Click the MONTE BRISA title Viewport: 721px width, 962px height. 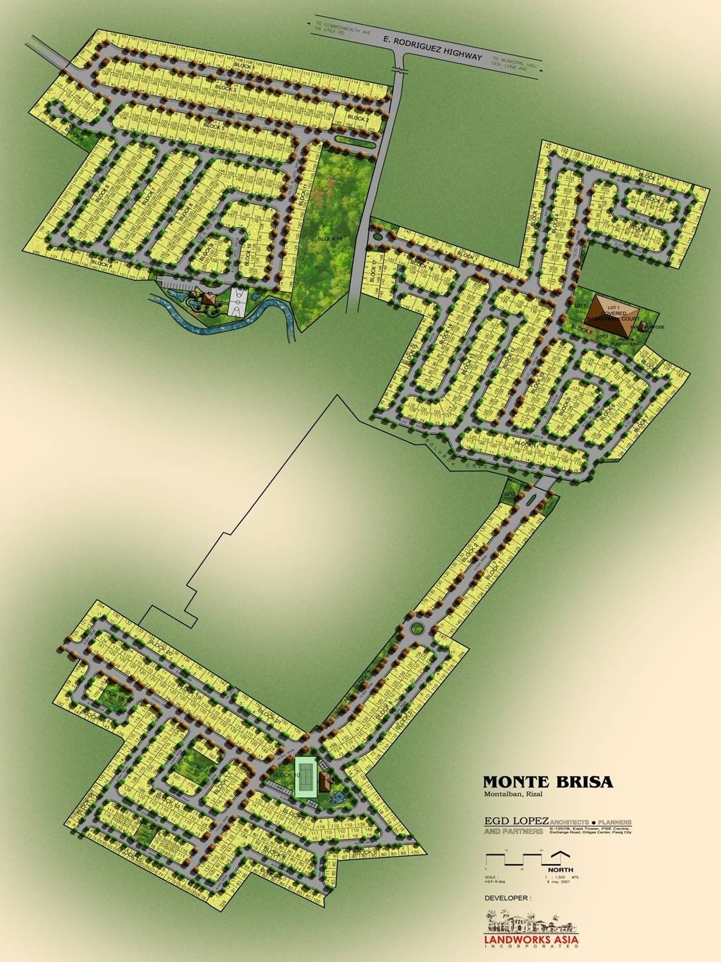click(x=547, y=782)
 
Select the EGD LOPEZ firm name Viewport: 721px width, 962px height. click(x=516, y=822)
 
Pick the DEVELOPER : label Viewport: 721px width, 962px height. click(x=507, y=899)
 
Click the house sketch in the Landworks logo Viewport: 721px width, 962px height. click(x=531, y=923)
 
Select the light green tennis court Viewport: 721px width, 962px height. click(x=307, y=777)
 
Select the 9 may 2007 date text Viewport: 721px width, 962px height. click(x=557, y=882)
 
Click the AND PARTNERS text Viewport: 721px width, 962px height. click(x=513, y=832)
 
